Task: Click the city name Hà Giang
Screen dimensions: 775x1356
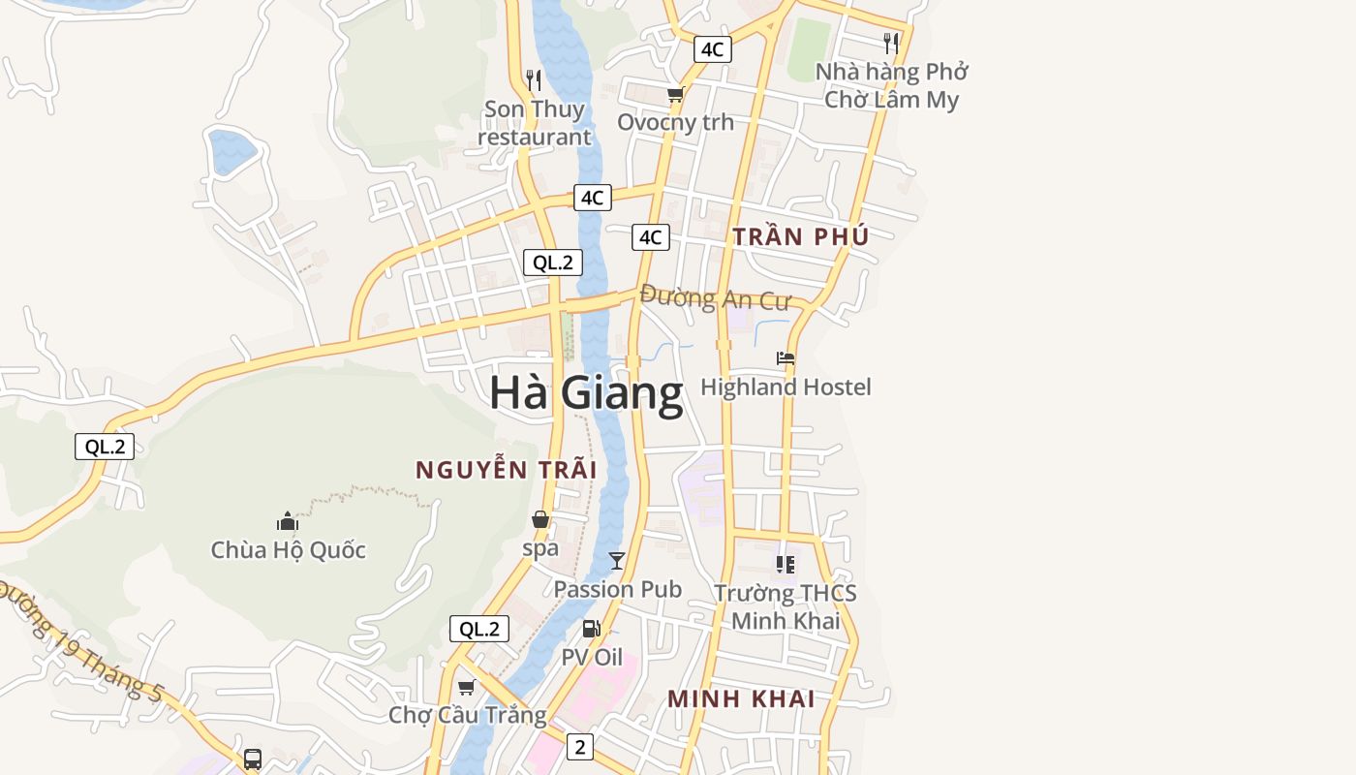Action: point(586,393)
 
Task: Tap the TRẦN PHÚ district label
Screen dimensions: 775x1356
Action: point(800,236)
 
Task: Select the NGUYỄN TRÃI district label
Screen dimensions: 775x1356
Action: point(506,470)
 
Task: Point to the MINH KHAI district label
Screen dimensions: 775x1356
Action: point(741,698)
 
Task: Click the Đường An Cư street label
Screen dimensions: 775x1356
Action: point(715,297)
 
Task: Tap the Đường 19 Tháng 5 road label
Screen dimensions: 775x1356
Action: point(82,640)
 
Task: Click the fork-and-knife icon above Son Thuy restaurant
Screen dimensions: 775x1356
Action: point(534,79)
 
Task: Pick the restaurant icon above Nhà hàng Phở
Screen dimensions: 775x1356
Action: point(891,43)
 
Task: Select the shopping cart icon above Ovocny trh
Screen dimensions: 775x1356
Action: point(675,95)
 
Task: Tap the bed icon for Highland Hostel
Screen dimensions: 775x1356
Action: point(786,358)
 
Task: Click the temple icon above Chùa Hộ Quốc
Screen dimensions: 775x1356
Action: point(288,521)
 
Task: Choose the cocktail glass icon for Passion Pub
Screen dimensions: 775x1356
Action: point(616,560)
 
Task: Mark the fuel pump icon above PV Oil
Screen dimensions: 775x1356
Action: point(592,629)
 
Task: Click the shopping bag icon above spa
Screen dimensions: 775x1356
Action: point(540,520)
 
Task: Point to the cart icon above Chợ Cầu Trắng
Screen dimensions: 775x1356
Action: point(466,687)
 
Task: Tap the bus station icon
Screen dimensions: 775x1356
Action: point(253,759)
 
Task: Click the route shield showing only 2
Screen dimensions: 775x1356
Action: point(579,747)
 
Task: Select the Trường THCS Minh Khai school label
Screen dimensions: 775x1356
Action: point(786,606)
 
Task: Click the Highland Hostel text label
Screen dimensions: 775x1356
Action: point(786,387)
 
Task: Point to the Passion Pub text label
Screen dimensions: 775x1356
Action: point(617,589)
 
